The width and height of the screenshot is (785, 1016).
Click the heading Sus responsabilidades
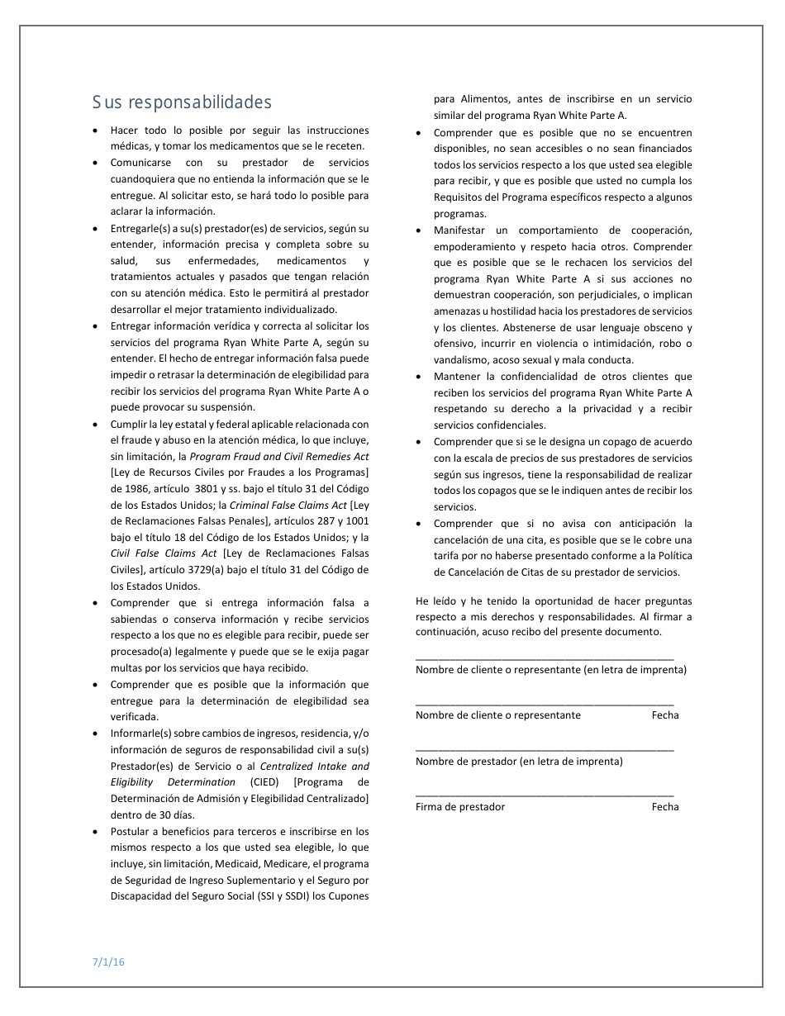pyautogui.click(x=182, y=103)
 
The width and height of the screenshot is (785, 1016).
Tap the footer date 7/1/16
pyautogui.click(x=108, y=961)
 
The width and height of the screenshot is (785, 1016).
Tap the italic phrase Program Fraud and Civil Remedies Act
pyautogui.click(x=279, y=457)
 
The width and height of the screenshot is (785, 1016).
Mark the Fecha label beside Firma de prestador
pyautogui.click(x=664, y=807)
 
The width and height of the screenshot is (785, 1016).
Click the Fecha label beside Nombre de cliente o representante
pyautogui.click(x=664, y=715)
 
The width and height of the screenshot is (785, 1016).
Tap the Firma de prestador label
pyautogui.click(x=460, y=807)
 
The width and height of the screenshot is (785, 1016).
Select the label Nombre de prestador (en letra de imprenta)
pyautogui.click(x=519, y=762)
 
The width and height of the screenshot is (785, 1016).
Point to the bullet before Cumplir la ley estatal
pyautogui.click(x=98, y=425)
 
